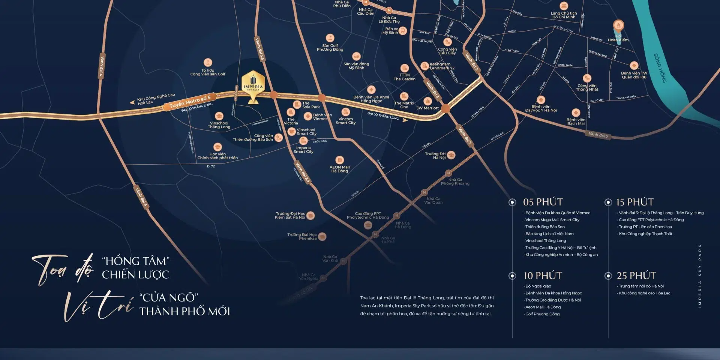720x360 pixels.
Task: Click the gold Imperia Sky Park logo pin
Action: [253, 84]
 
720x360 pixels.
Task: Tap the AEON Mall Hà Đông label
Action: [339, 169]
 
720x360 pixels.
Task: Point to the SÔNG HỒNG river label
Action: [660, 68]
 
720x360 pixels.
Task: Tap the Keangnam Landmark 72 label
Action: [442, 66]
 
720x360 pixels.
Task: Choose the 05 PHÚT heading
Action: [543, 202]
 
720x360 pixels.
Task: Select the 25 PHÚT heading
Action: [636, 276]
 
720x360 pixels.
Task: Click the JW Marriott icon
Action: [427, 101]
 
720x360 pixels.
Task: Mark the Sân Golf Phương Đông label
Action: [330, 48]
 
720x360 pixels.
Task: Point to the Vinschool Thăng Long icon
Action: [219, 116]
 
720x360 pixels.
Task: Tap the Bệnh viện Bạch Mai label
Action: [576, 121]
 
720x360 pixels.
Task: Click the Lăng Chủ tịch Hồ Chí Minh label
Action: [564, 15]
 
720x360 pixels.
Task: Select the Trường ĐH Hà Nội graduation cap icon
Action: [451, 155]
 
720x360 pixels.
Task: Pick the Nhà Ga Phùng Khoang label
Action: [455, 181]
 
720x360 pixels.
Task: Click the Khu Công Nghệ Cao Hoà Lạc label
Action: [156, 99]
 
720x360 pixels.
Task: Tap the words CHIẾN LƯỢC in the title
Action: [135, 274]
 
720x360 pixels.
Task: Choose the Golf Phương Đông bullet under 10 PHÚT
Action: [542, 314]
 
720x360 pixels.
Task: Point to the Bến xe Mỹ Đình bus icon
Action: [403, 31]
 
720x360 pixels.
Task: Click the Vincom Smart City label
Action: [345, 121]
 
